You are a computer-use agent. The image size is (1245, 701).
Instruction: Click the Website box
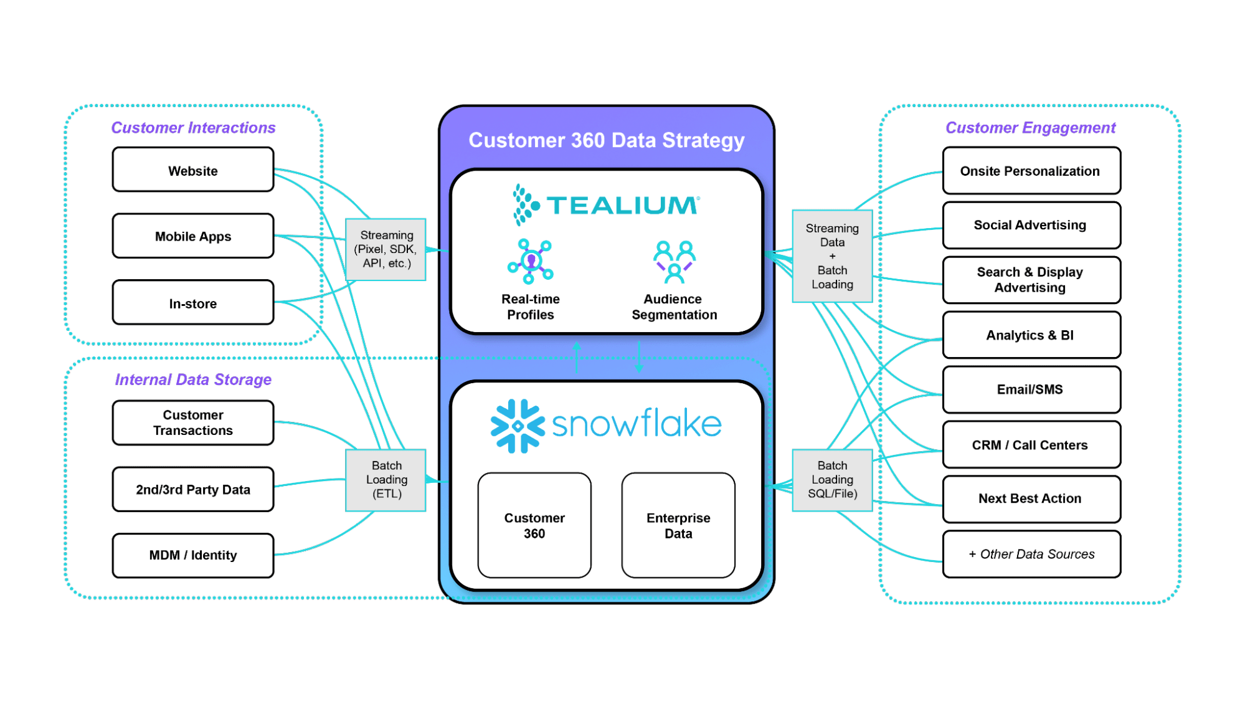click(x=193, y=170)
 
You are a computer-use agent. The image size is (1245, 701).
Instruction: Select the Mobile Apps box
click(x=193, y=236)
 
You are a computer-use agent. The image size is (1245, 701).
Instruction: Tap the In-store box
click(x=193, y=303)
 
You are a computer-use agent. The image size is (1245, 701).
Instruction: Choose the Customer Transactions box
click(x=193, y=422)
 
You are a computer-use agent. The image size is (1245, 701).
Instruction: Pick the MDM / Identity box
click(x=193, y=555)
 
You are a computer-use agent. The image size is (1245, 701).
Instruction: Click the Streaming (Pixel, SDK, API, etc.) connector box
click(x=386, y=249)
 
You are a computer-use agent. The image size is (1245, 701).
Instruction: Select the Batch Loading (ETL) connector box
click(x=386, y=480)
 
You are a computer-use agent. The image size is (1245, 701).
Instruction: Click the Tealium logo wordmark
click(x=623, y=206)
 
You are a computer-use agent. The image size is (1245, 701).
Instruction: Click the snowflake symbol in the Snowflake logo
click(x=517, y=426)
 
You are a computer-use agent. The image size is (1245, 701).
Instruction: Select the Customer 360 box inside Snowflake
click(x=534, y=525)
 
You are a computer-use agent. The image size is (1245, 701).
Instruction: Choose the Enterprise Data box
click(x=678, y=525)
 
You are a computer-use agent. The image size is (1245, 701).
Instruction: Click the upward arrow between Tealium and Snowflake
click(x=577, y=356)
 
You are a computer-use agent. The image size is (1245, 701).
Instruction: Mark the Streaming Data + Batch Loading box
click(x=832, y=256)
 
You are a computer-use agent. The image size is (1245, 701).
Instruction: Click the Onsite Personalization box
click(x=1031, y=171)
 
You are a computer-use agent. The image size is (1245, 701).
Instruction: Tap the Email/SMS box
click(x=1031, y=389)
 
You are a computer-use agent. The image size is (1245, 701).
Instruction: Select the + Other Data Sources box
click(x=1031, y=554)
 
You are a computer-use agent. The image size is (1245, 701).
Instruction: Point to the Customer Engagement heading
click(x=1031, y=128)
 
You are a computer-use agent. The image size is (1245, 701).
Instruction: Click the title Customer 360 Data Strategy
click(x=606, y=140)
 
